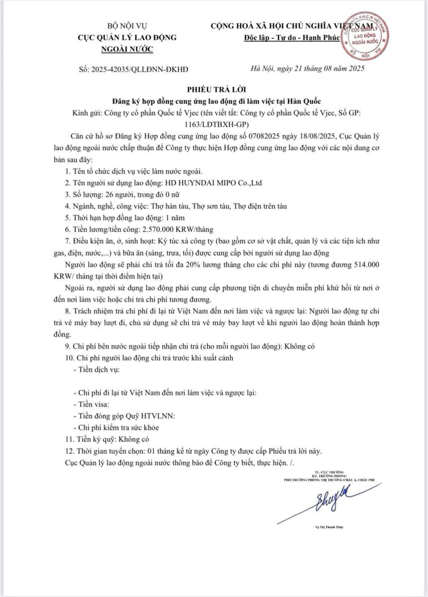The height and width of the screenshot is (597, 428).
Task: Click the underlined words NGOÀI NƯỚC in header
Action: pos(127,48)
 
